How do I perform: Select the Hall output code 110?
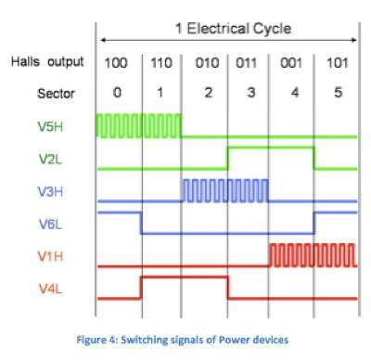[161, 62]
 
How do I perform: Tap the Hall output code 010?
[205, 62]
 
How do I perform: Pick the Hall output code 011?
[249, 62]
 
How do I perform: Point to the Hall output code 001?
[292, 62]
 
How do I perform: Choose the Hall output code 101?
[336, 62]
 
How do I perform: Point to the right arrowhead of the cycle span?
[355, 40]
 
